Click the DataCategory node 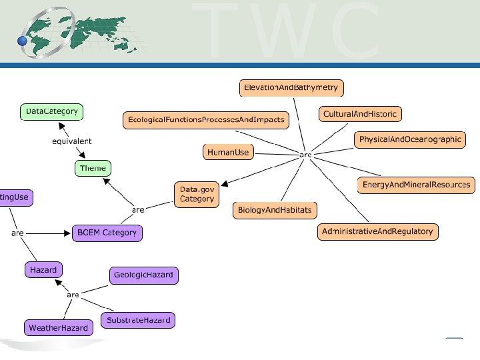[x=51, y=112]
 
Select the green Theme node [x=92, y=168]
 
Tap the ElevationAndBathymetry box [x=291, y=88]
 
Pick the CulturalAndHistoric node [x=359, y=115]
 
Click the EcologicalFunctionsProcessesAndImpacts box [x=205, y=121]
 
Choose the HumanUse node [x=228, y=153]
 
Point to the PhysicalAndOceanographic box [x=410, y=140]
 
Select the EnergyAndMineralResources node [x=415, y=185]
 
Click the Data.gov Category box [x=197, y=194]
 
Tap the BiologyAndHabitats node [x=275, y=211]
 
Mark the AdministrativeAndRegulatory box [x=377, y=232]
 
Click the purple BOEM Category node [x=107, y=233]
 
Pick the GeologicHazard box [x=144, y=275]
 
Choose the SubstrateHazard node [x=138, y=320]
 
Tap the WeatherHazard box [x=58, y=328]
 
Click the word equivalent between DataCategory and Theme [x=71, y=141]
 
